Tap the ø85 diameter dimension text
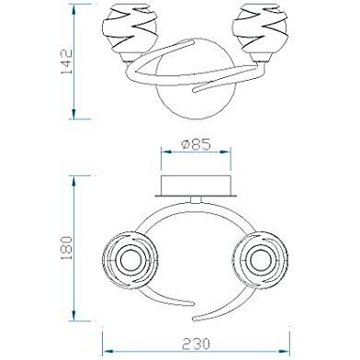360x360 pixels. pyautogui.click(x=196, y=145)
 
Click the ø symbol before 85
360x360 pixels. pyautogui.click(x=184, y=145)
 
